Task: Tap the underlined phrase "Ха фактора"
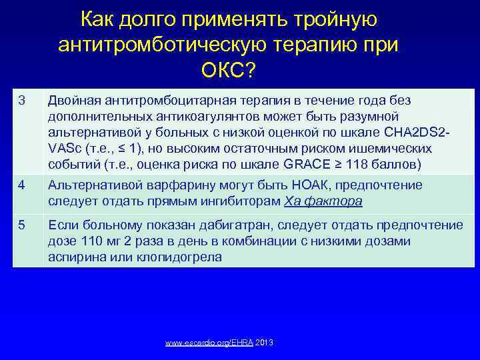click(324, 201)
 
